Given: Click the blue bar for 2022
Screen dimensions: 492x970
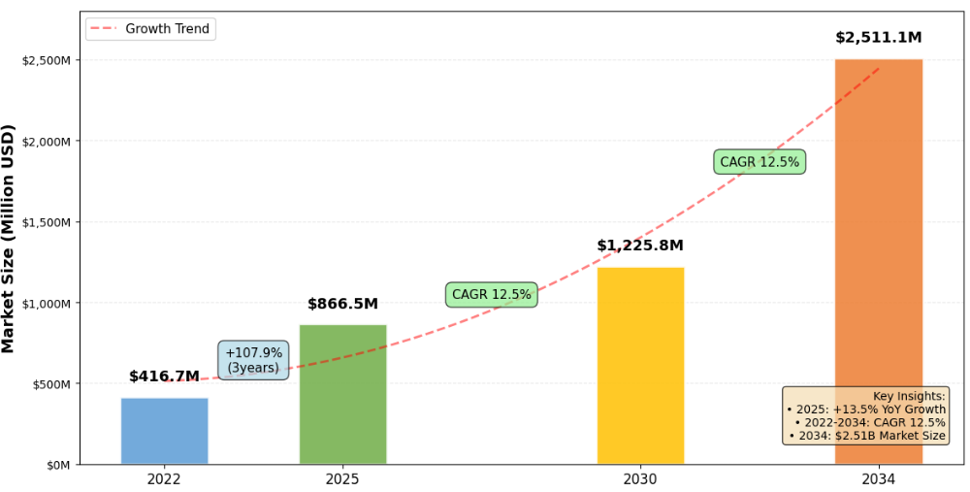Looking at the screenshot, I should point(164,431).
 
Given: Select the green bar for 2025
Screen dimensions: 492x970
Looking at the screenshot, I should point(342,394).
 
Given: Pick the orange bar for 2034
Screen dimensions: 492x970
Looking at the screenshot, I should point(878,262).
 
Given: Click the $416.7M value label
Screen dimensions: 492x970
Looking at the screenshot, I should point(164,377).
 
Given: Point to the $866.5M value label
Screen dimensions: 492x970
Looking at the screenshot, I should point(342,304).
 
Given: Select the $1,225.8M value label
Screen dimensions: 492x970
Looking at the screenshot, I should point(640,246).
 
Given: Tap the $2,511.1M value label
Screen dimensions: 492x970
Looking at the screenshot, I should point(878,38).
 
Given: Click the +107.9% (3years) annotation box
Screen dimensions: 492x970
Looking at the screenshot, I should point(253,360).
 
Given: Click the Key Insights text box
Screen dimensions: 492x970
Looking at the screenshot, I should point(865,415).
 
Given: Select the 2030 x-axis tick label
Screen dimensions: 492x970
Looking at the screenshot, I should point(640,479).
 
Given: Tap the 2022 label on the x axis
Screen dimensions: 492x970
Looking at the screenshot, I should point(164,479).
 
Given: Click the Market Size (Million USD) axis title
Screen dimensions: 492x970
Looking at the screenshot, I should point(9,238).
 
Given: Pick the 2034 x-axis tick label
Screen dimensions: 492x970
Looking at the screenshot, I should point(878,479).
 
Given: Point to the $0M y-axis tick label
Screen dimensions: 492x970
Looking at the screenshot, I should point(57,465).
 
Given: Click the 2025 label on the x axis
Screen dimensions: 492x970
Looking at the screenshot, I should point(342,479).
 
